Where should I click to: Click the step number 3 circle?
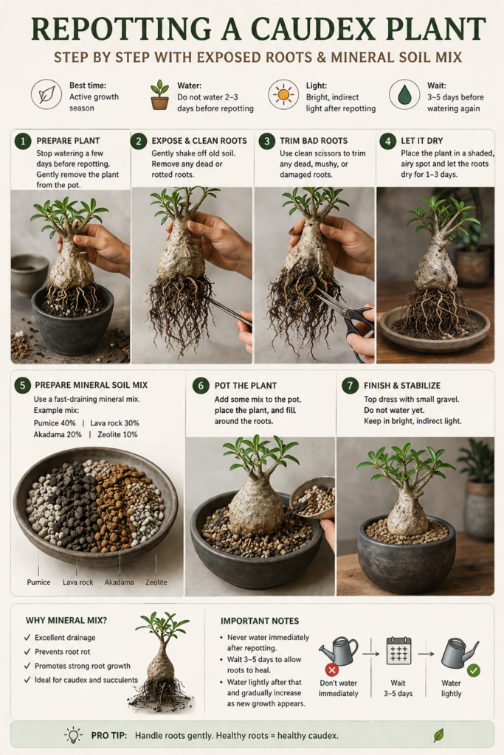(265, 141)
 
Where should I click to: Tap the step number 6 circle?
(200, 386)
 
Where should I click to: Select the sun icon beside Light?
(283, 94)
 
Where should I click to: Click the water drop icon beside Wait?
(404, 94)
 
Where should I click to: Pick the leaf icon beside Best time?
(46, 94)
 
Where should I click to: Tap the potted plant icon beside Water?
(159, 94)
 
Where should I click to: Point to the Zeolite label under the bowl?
(156, 582)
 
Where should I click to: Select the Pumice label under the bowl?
(38, 582)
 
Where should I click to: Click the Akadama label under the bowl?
(119, 582)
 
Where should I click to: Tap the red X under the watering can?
(332, 669)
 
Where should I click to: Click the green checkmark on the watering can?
(473, 670)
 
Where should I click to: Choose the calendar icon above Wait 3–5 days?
(398, 652)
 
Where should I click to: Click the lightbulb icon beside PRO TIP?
(73, 734)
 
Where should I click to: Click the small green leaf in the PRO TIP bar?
(438, 734)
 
